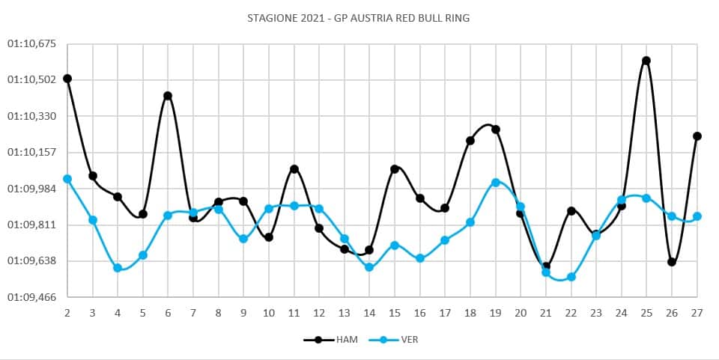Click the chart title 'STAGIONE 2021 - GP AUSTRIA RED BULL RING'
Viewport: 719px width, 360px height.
coord(359,17)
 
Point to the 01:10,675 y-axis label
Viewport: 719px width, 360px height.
coord(31,43)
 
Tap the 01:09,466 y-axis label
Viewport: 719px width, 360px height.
coord(31,297)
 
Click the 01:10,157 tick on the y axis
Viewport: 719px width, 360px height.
coord(31,152)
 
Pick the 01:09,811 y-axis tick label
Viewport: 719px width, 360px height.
coord(31,225)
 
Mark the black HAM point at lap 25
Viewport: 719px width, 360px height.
coord(646,61)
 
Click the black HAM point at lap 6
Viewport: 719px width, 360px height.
coord(168,96)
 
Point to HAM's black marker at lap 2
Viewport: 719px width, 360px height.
coord(67,79)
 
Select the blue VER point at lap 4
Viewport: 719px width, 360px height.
coord(118,268)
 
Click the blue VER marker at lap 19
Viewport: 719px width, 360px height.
coord(496,183)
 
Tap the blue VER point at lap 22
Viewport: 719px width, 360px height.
coord(571,277)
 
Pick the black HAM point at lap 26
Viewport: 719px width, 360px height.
coord(672,262)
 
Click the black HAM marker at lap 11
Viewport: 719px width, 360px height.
coord(294,169)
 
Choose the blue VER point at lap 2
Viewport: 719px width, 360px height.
coord(67,179)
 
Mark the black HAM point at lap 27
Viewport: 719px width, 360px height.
coord(697,136)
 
